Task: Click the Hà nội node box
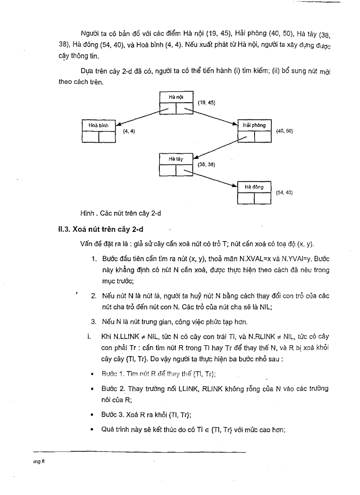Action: click(x=176, y=103)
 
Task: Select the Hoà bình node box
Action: click(x=99, y=131)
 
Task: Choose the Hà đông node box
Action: click(x=254, y=192)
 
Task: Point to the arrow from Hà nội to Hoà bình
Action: click(x=140, y=117)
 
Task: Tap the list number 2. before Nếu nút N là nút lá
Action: click(x=94, y=295)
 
